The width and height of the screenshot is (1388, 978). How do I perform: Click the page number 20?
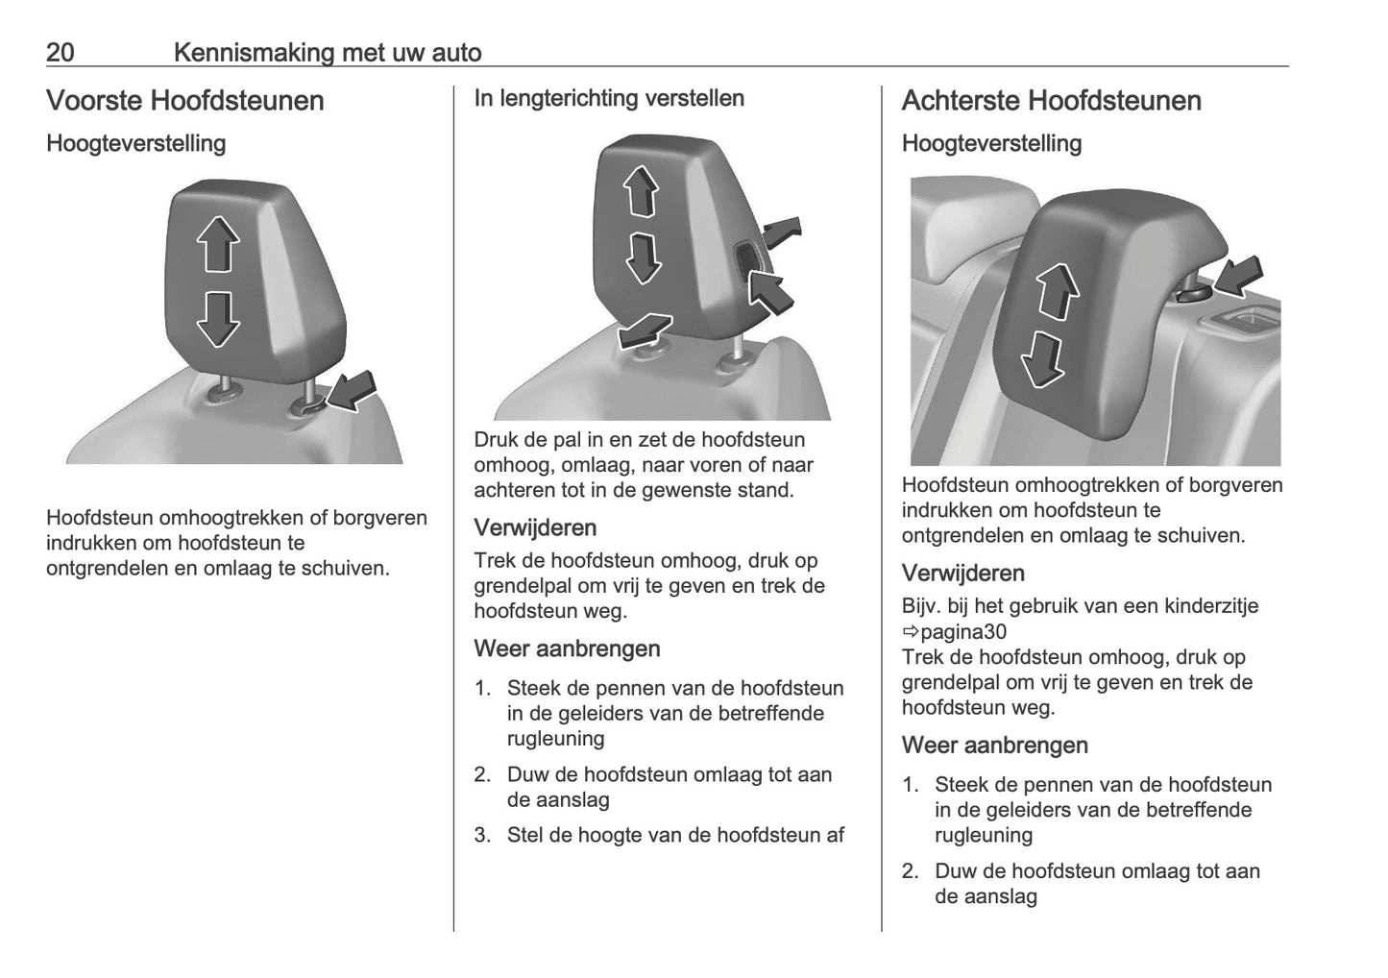point(60,52)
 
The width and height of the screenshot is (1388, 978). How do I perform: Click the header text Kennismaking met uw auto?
point(328,52)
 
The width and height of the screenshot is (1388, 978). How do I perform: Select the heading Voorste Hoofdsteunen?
point(184,101)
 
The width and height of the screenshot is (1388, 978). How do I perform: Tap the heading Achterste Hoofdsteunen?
point(1051,101)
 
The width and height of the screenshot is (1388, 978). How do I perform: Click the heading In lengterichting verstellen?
point(609,98)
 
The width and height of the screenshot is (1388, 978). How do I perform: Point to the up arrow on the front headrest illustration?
point(218,244)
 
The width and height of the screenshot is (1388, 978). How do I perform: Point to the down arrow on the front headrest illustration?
point(218,318)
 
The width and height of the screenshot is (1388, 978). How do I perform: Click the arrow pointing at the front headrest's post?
point(352,392)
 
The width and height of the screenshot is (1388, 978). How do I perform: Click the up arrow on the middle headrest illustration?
point(642,190)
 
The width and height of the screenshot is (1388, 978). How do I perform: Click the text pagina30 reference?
point(962,632)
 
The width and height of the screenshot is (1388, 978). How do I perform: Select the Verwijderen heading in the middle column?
point(535,527)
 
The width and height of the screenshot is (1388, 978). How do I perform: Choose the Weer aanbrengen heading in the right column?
point(994,746)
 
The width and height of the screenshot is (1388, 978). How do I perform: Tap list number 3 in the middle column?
point(482,836)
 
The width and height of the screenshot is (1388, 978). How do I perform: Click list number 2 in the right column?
point(910,872)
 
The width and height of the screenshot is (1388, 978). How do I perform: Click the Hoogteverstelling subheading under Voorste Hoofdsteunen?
point(135,144)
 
